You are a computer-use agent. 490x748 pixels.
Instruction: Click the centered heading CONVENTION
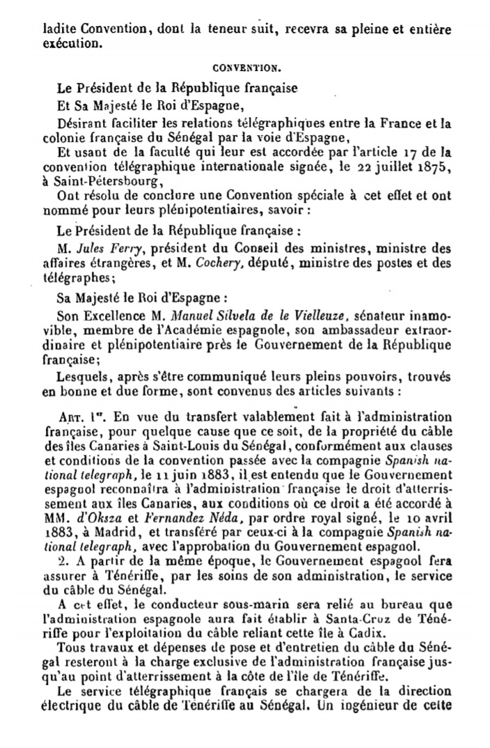tap(246, 68)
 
